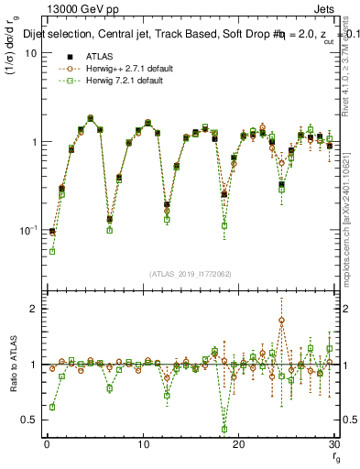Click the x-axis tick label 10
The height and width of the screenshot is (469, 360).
[x=142, y=445]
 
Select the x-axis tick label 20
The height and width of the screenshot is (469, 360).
[x=238, y=445]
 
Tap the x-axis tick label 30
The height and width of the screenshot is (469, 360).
[x=333, y=445]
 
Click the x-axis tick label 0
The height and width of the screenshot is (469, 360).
[x=47, y=445]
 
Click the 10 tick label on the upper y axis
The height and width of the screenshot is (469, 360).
[x=31, y=53]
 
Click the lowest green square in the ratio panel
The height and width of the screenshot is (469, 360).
[x=224, y=429]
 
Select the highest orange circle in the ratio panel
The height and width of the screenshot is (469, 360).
[x=281, y=321]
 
